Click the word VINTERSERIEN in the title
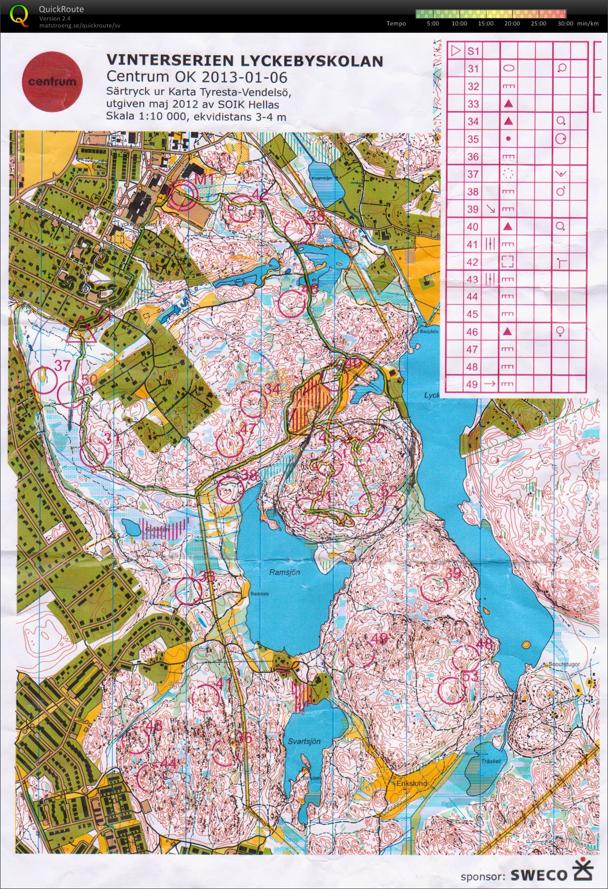(169, 61)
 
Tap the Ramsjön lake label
(285, 572)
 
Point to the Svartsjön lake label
(304, 741)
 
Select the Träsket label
(490, 761)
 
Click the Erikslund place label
(412, 783)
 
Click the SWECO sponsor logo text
(539, 875)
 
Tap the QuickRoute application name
(61, 9)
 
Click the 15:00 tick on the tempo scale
(485, 23)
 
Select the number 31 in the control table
(472, 69)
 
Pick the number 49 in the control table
(472, 384)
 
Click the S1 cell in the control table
(473, 51)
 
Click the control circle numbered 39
(434, 588)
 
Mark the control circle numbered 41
(205, 697)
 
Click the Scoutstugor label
(564, 664)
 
